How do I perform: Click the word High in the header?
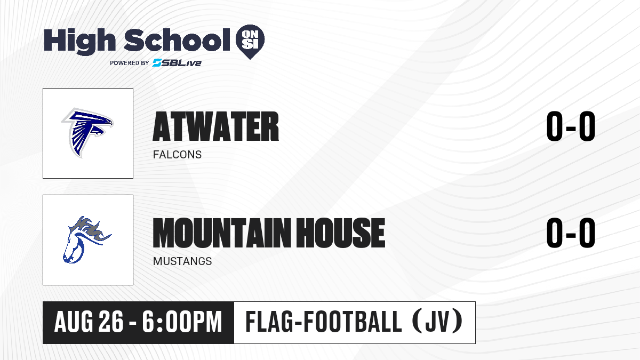(79, 42)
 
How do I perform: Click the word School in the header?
(177, 39)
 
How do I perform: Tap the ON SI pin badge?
(250, 42)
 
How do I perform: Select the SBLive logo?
(177, 62)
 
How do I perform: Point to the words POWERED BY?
(130, 63)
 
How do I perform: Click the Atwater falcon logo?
(87, 133)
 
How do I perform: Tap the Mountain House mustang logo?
(87, 239)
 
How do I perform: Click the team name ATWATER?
(215, 126)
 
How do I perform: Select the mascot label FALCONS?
(177, 155)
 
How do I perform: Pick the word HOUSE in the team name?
(340, 233)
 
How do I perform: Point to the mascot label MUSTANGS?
(182, 261)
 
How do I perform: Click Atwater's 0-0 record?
(571, 126)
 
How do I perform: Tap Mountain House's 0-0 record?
(571, 233)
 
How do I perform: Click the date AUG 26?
(89, 322)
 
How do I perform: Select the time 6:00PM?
(182, 322)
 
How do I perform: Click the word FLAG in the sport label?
(269, 322)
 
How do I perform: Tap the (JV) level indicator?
(437, 322)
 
